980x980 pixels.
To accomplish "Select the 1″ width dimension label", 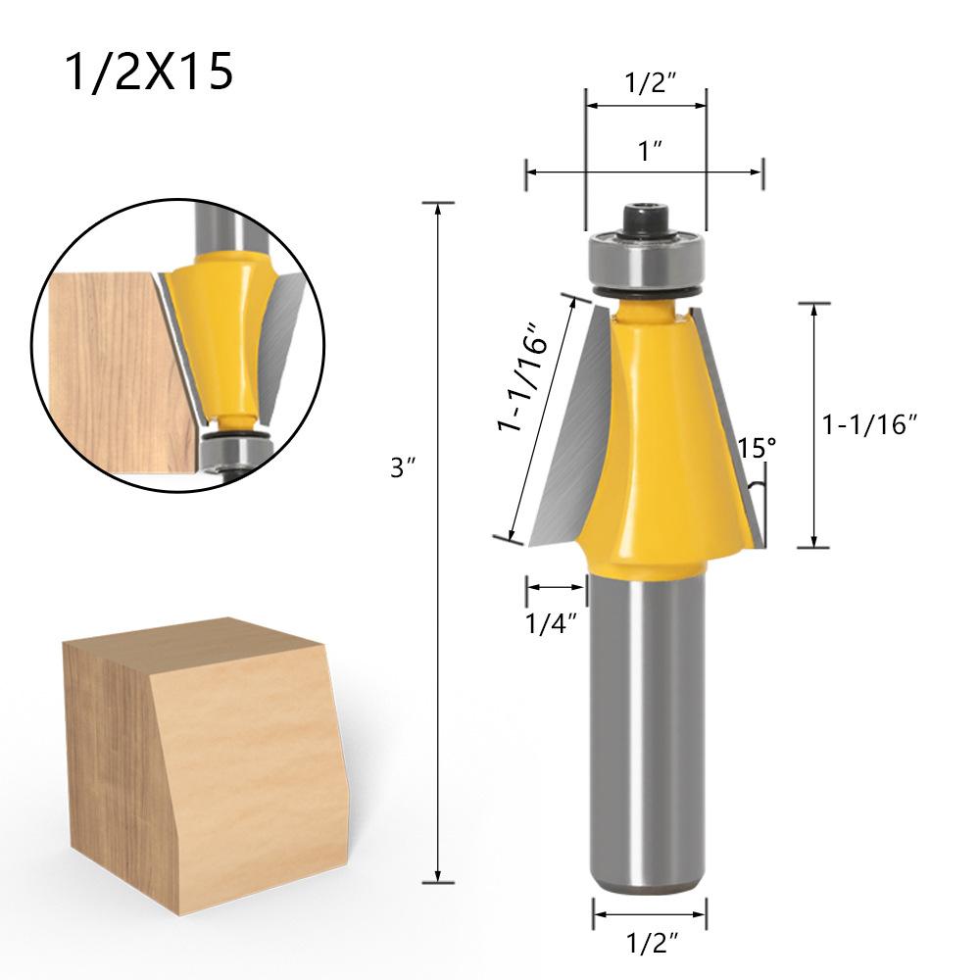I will pos(650,152).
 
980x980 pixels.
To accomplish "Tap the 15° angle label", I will pos(757,448).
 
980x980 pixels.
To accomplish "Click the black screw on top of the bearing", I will pos(646,218).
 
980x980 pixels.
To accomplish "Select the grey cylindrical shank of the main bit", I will pos(648,735).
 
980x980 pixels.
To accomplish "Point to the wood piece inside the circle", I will pos(108,372).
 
